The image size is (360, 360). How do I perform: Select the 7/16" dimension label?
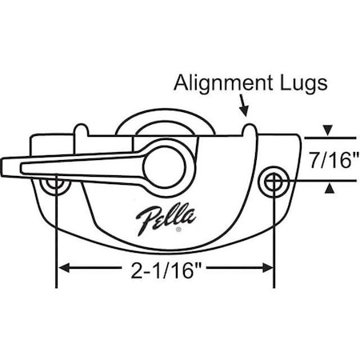[x=330, y=158]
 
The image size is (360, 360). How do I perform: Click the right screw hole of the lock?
[x=274, y=182]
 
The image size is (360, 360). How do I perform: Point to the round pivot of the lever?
[x=168, y=166]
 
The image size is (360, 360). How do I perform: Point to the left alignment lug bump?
[x=82, y=129]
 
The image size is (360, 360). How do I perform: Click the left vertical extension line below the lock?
[x=56, y=248]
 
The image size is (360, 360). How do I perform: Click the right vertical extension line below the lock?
[x=274, y=248]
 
